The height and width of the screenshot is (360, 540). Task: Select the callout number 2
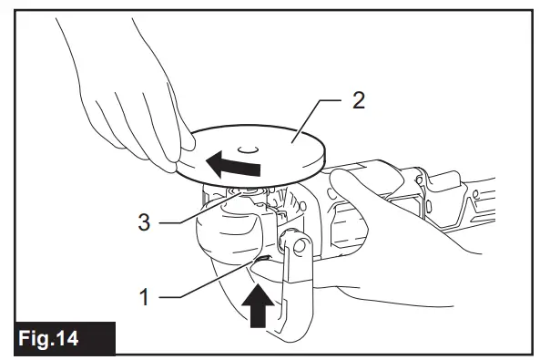(358, 100)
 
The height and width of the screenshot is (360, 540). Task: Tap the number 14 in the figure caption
(76, 338)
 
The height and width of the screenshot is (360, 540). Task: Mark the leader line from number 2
(315, 118)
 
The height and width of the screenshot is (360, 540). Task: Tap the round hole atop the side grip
(295, 245)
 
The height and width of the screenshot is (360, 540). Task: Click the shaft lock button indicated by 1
(260, 263)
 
